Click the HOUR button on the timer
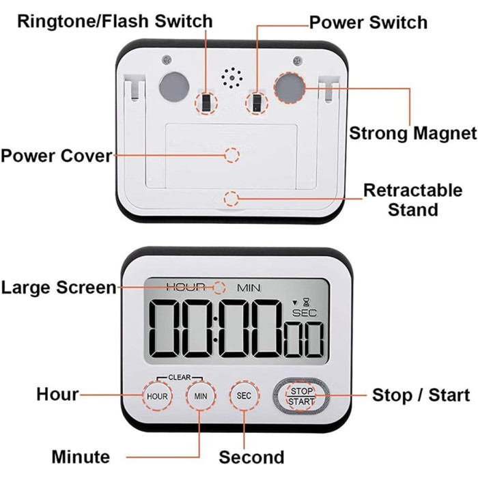156,396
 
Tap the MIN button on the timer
200,396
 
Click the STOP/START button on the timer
301,396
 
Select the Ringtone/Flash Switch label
115,20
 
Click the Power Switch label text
368,22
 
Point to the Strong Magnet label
412,132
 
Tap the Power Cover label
56,156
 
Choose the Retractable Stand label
412,199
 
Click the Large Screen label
59,287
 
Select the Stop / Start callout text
421,395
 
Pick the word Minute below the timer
81,457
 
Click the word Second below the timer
251,457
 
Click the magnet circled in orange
289,86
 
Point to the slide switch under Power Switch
256,102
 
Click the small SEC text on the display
301,313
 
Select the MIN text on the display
249,287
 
